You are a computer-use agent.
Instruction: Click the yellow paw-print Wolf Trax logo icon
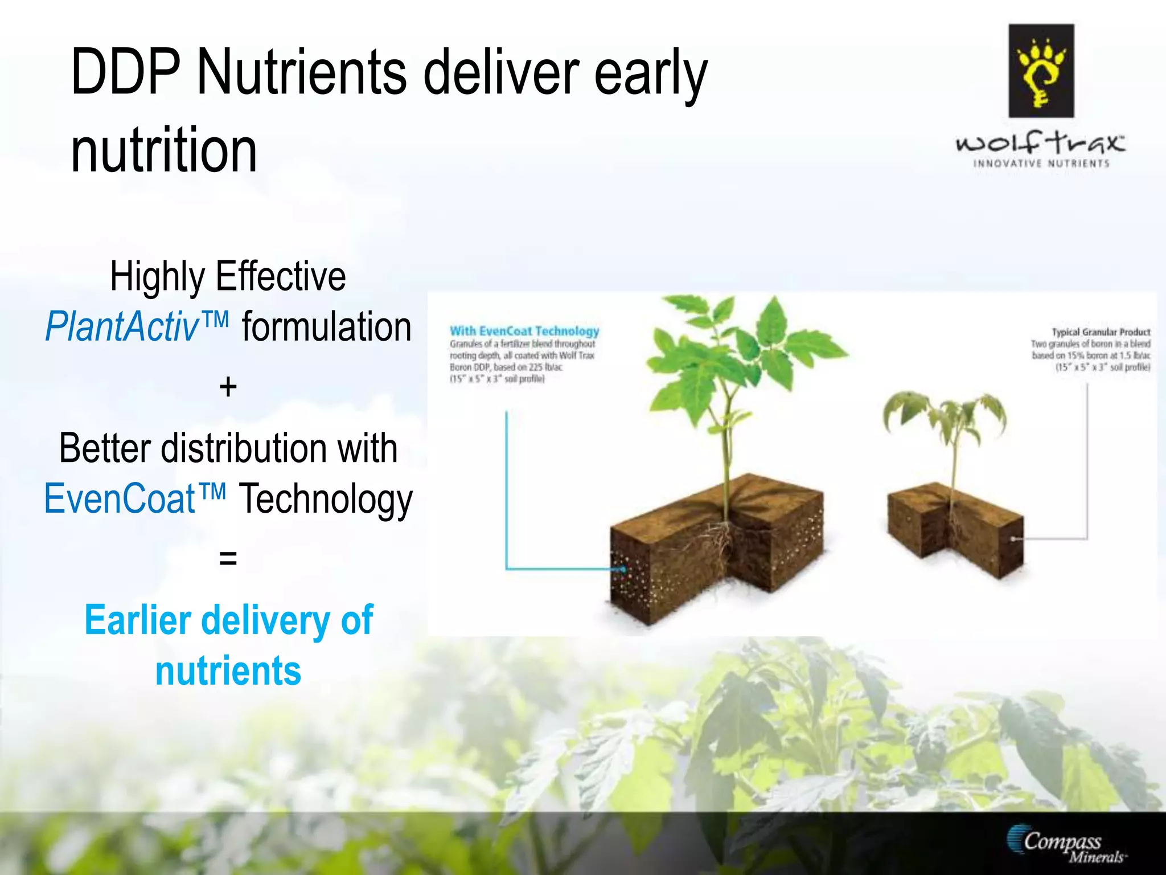[1041, 71]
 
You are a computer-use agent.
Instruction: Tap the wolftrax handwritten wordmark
[1040, 142]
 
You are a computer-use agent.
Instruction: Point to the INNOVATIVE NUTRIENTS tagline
[1041, 164]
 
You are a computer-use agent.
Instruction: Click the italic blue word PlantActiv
[122, 328]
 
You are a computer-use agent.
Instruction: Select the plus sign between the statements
[228, 387]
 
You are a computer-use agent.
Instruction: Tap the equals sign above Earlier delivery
[228, 558]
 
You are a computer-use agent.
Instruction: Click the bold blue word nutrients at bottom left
[228, 670]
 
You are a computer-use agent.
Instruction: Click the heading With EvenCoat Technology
[524, 331]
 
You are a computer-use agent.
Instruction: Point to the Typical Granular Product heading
[1101, 332]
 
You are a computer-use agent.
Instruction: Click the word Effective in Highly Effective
[280, 276]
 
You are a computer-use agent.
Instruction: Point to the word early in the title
[650, 72]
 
